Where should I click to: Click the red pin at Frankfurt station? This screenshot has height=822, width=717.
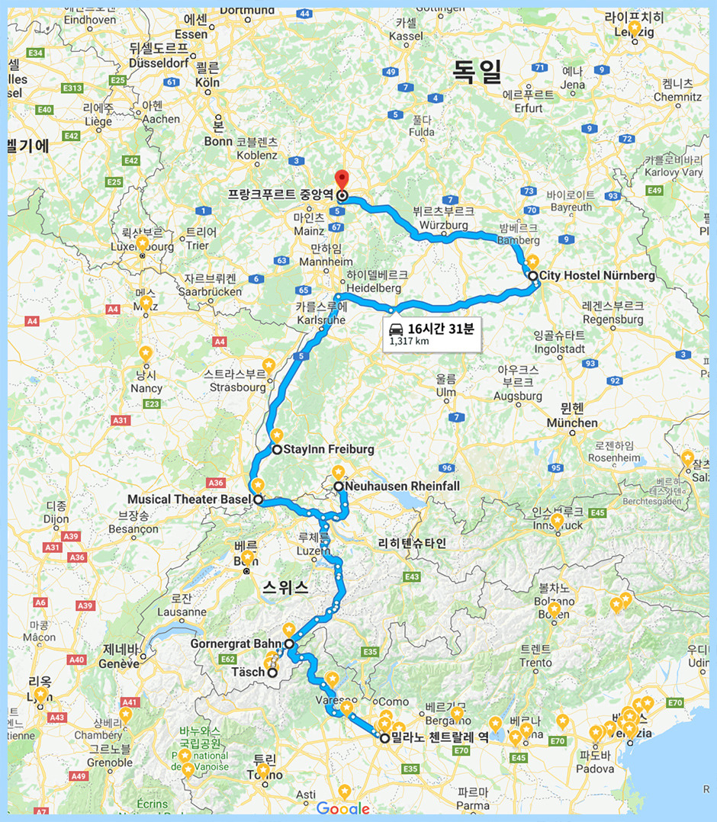tap(342, 179)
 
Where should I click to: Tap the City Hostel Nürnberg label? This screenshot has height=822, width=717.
tap(597, 276)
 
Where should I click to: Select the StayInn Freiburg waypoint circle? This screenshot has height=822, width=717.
tap(277, 450)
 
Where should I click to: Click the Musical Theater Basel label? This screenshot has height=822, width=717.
tap(190, 500)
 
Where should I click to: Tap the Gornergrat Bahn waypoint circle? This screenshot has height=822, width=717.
tap(289, 644)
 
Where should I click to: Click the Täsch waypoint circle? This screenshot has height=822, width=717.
tap(272, 673)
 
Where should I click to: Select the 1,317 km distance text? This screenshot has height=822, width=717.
tap(409, 341)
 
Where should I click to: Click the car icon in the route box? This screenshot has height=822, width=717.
tap(397, 329)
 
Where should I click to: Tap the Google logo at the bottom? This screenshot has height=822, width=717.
tap(342, 809)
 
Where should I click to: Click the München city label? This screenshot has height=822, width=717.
tap(572, 422)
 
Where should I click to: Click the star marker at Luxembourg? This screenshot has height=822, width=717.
tap(142, 243)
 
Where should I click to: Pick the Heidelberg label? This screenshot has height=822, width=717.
tap(374, 288)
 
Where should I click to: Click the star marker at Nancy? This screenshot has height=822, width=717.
tap(146, 353)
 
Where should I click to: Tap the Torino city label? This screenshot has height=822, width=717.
tap(264, 775)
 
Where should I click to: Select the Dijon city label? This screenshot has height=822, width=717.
tap(56, 519)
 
